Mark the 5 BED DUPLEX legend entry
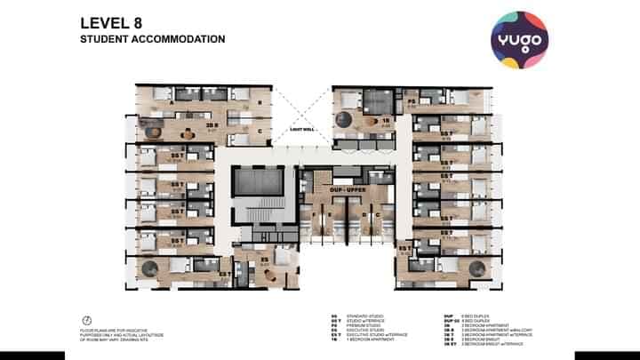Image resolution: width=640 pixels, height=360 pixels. click(x=474, y=320)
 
